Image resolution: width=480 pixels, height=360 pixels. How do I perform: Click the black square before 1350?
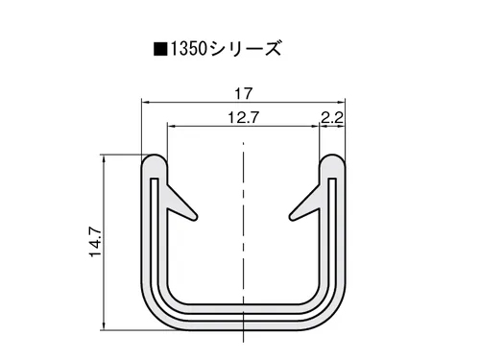(160, 50)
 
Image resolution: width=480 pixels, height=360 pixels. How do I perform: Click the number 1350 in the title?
(188, 49)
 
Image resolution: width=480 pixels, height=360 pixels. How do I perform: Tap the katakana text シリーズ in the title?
(245, 49)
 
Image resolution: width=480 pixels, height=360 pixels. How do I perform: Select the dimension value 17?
(244, 94)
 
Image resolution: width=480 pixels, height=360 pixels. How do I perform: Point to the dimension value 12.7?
(243, 118)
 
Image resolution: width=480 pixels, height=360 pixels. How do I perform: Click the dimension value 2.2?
(332, 118)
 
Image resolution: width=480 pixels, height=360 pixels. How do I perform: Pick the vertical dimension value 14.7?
(96, 242)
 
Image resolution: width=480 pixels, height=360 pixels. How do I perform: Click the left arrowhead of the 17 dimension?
(146, 103)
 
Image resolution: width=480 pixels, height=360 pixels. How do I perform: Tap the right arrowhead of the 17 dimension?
(341, 103)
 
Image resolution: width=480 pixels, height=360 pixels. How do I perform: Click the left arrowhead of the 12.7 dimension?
(172, 127)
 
